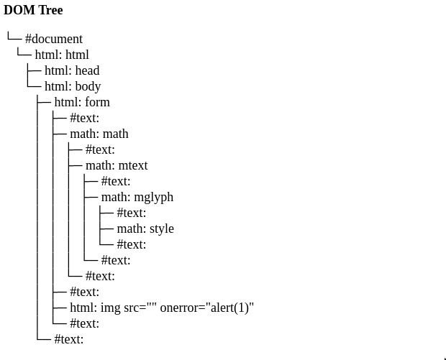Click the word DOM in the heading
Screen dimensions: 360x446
(18, 10)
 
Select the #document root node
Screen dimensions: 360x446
(54, 39)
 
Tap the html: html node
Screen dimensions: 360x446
(62, 55)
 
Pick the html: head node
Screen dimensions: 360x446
(72, 70)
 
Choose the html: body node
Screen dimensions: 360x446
(73, 86)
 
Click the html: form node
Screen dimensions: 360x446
(82, 102)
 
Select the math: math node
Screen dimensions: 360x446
(99, 134)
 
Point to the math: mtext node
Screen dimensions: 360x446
(117, 165)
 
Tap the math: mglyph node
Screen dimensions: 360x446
(137, 197)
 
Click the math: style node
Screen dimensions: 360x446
(145, 229)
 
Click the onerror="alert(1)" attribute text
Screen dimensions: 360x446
(207, 308)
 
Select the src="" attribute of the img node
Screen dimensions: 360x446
(140, 308)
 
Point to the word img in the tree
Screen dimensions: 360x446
(110, 308)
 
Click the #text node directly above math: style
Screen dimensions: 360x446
(132, 213)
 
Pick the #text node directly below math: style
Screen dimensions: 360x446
(132, 244)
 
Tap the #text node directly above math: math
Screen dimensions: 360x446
(84, 118)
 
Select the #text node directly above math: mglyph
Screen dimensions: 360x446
(116, 181)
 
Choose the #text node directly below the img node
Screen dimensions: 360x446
(84, 323)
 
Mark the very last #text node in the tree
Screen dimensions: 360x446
(69, 339)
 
